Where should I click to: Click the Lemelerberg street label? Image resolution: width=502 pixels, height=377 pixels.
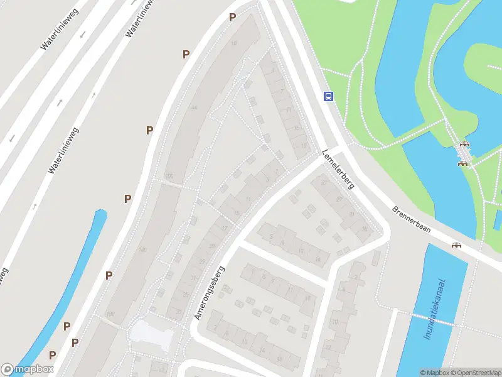point(338,170)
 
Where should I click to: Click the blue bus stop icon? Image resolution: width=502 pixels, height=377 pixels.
point(328,96)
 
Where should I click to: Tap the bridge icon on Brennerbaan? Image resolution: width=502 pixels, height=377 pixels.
point(456,245)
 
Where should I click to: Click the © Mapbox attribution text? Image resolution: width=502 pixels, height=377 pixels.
point(435,373)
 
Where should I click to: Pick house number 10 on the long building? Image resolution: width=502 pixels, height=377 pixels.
point(234,43)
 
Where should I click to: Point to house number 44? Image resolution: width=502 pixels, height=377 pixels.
point(194,108)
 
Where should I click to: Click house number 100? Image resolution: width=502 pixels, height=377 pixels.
point(168,176)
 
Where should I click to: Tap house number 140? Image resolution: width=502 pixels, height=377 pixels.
point(142,250)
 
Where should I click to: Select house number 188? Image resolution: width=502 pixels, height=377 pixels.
point(112,314)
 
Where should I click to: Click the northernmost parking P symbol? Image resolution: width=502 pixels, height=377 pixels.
point(232,18)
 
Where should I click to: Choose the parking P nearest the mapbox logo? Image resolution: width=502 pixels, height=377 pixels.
point(52,355)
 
